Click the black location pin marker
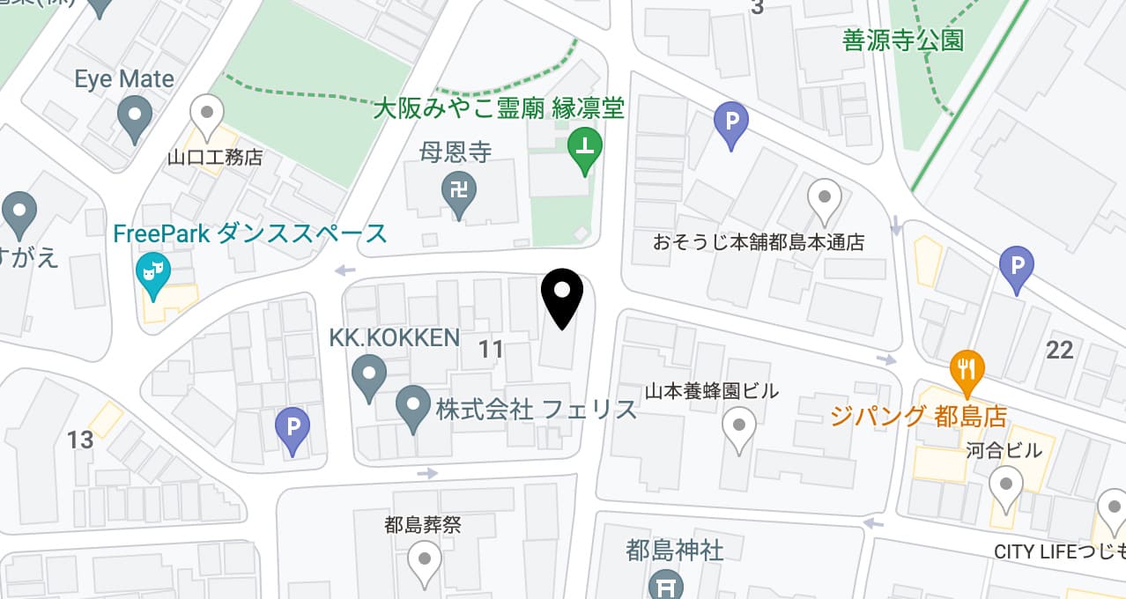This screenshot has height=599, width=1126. (561, 298)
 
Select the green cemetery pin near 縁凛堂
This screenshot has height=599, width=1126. (584, 148)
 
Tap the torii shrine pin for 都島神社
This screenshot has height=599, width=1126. (666, 585)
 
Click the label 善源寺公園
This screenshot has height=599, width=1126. (903, 41)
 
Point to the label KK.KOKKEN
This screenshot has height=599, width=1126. (394, 337)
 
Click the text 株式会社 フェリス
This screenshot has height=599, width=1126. (536, 410)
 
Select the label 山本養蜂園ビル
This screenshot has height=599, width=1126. (711, 391)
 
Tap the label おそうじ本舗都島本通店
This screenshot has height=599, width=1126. (759, 242)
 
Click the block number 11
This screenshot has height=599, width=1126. (490, 350)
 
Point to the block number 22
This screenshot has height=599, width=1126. (1059, 350)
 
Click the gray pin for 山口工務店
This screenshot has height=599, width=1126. (207, 115)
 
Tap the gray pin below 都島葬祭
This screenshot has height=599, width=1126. (424, 561)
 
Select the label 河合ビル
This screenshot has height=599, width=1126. (1004, 451)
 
